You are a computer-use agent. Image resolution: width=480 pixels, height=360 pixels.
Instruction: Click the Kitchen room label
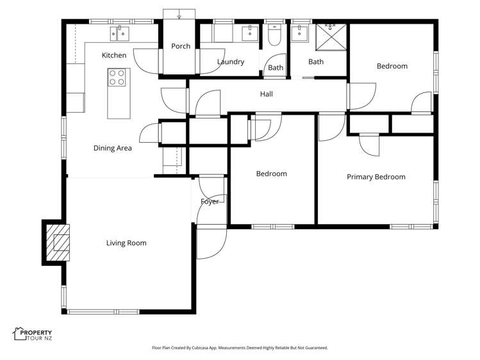tap(114, 56)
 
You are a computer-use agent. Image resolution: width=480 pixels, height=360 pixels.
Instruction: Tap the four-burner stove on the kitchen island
tap(117, 78)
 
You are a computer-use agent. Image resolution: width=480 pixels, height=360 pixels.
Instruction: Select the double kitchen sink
tap(120, 33)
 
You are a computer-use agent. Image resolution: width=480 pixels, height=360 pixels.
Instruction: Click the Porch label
tap(180, 46)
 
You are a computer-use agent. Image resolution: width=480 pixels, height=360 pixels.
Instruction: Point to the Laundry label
tap(230, 62)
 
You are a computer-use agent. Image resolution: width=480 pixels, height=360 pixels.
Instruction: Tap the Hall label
tap(267, 94)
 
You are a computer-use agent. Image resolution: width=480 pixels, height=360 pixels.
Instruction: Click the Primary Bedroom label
tap(376, 177)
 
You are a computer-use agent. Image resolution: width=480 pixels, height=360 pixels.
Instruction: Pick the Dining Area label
tap(112, 148)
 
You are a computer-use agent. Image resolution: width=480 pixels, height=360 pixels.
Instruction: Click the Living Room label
tap(126, 243)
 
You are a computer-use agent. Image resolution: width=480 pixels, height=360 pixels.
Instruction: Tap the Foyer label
tap(210, 201)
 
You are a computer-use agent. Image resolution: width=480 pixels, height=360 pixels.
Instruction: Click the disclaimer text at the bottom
tap(240, 348)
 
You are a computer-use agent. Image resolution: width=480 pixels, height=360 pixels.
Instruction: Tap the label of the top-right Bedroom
tap(392, 66)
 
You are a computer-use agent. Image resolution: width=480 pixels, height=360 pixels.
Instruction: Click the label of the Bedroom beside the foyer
tap(271, 174)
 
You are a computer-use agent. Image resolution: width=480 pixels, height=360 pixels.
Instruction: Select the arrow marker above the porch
tap(180, 15)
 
